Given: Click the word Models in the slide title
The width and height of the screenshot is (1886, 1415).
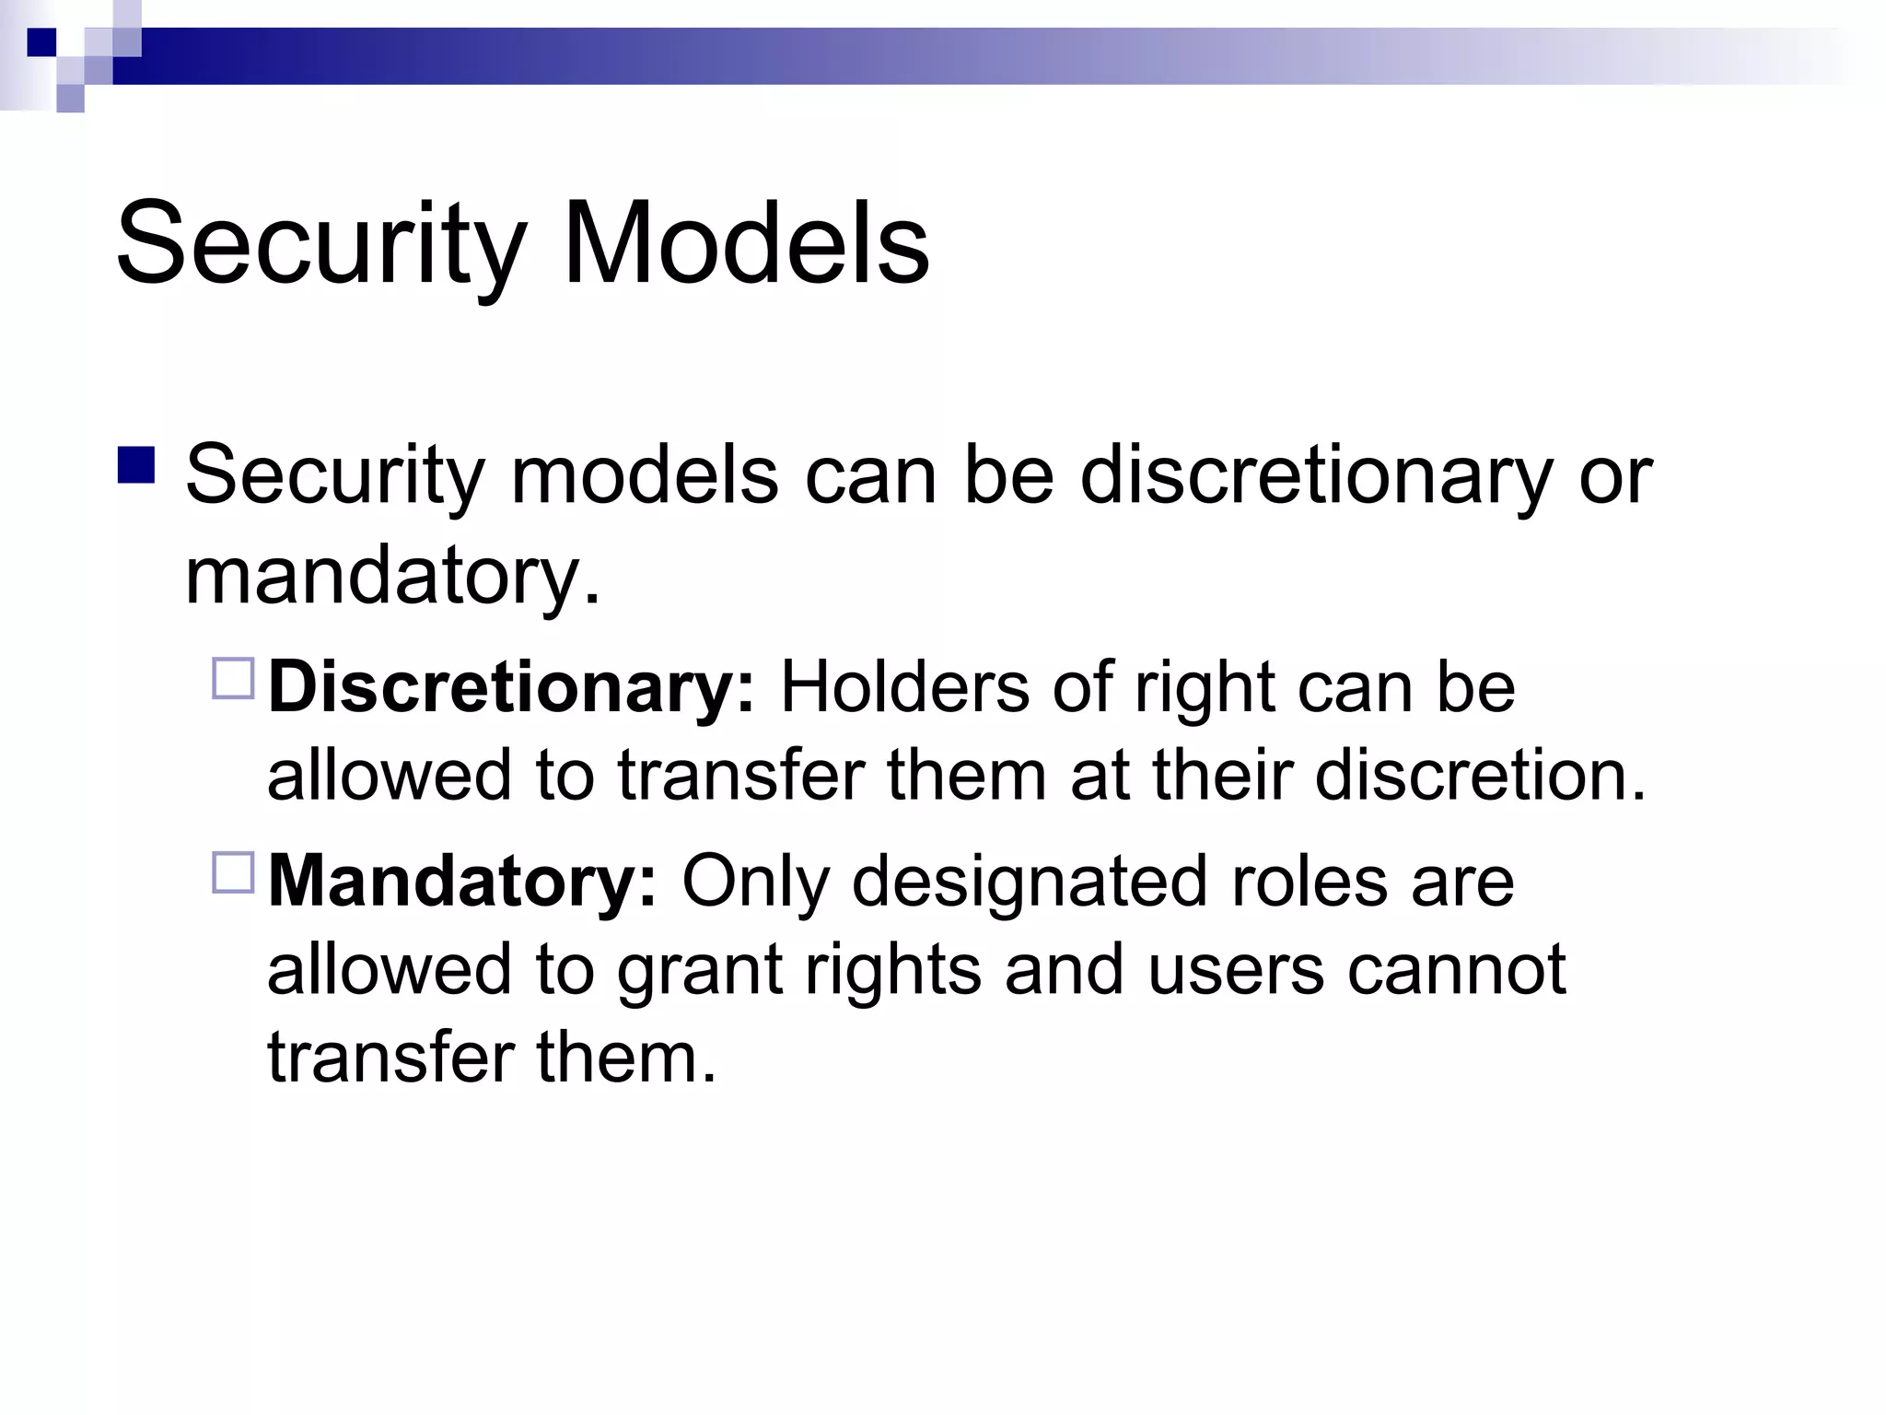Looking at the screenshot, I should click(x=746, y=244).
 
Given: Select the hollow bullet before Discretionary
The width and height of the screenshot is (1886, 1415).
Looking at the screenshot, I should click(x=232, y=680).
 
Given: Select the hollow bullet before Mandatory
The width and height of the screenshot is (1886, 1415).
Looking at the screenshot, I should click(x=232, y=872).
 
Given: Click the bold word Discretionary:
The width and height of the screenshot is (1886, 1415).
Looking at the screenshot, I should click(x=511, y=688).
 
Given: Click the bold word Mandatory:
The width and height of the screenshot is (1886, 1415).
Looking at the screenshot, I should click(x=462, y=882).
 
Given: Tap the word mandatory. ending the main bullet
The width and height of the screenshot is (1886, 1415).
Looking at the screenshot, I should click(x=392, y=577).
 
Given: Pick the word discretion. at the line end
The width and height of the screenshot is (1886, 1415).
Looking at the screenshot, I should click(x=1480, y=775).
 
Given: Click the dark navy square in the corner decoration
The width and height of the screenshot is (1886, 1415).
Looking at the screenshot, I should click(x=41, y=41).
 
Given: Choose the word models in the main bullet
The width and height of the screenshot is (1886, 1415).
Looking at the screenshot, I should click(x=644, y=476).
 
